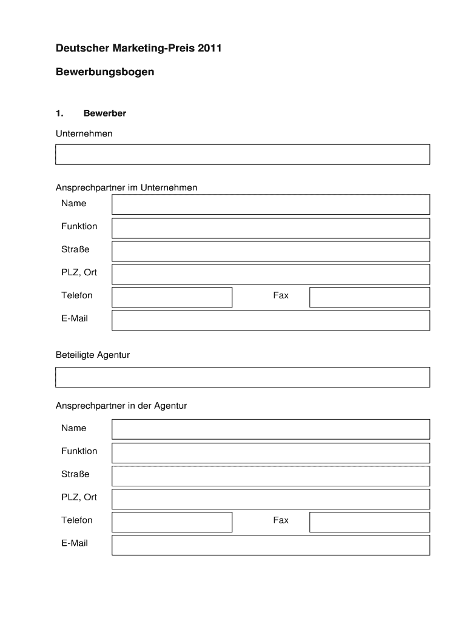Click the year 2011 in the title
(x=210, y=48)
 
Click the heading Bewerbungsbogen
(x=105, y=72)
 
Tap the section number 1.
(x=59, y=113)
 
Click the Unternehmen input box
(x=243, y=155)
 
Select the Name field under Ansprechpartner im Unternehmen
(x=270, y=204)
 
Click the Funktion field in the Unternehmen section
(x=270, y=228)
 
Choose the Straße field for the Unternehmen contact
(x=270, y=251)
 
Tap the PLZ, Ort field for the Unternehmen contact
(x=270, y=274)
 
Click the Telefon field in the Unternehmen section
(x=172, y=297)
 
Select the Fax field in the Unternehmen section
(x=369, y=297)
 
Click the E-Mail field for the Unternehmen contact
(x=270, y=320)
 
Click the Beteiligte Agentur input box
(x=243, y=377)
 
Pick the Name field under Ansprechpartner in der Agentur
(x=270, y=429)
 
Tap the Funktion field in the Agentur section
(x=270, y=452)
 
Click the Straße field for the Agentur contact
(x=270, y=475)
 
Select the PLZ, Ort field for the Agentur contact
(x=270, y=499)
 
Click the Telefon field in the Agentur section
(x=172, y=522)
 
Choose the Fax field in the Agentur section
(x=369, y=522)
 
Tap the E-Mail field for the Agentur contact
(x=270, y=545)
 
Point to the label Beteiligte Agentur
(x=93, y=355)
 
